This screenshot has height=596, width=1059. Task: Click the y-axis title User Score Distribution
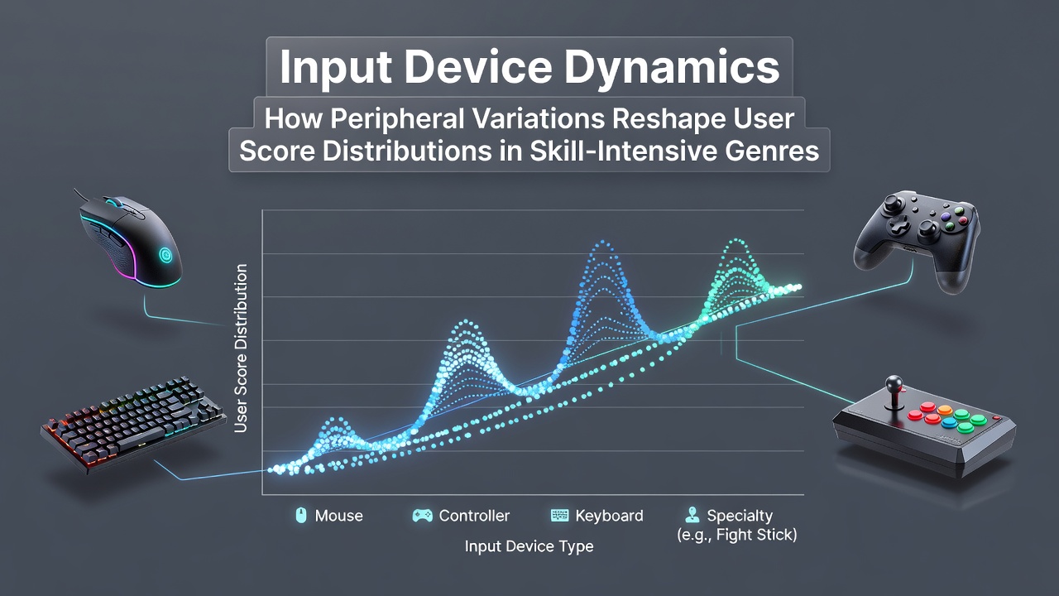pyautogui.click(x=241, y=348)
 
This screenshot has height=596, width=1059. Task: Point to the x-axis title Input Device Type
pyautogui.click(x=529, y=546)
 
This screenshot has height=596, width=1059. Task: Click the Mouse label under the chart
pyautogui.click(x=339, y=516)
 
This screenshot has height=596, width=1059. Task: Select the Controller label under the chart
pyautogui.click(x=474, y=516)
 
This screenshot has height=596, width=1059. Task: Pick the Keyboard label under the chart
pyautogui.click(x=610, y=516)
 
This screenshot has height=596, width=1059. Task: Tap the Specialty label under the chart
pyautogui.click(x=740, y=516)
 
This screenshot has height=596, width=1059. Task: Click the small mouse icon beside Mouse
pyautogui.click(x=300, y=515)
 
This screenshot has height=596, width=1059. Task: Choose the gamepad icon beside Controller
pyautogui.click(x=422, y=516)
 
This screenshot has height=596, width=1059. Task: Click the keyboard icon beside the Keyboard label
pyautogui.click(x=560, y=516)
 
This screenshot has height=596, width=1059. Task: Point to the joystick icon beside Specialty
pyautogui.click(x=692, y=515)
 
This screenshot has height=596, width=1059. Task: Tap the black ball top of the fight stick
pyautogui.click(x=894, y=382)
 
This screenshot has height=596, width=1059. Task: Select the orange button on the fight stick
pyautogui.click(x=945, y=410)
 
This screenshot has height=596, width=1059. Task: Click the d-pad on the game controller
pyautogui.click(x=899, y=226)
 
